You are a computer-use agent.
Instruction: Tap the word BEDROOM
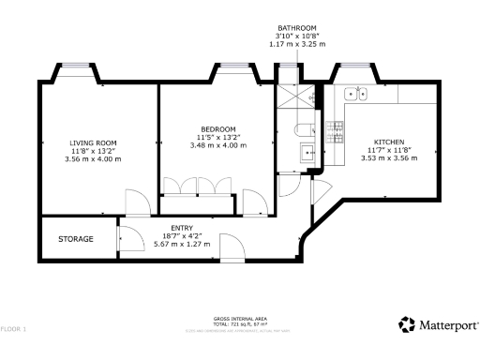(217, 128)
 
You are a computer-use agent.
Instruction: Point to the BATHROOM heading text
(297, 28)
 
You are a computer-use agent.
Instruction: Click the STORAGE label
(76, 239)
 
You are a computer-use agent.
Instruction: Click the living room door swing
(137, 201)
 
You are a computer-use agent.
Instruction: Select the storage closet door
(128, 241)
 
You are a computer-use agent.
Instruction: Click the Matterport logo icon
(406, 325)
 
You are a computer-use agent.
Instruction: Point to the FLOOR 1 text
(13, 329)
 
